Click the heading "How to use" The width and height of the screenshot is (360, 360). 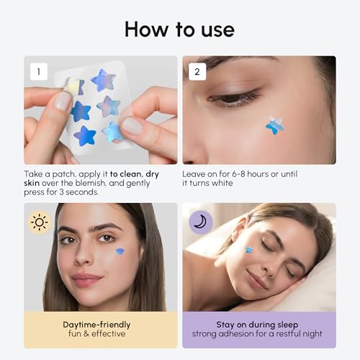(179, 29)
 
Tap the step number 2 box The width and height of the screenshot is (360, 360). (199, 71)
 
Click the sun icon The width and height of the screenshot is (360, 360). (38, 221)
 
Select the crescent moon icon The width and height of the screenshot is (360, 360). (199, 221)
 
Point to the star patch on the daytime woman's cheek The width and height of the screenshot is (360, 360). (120, 251)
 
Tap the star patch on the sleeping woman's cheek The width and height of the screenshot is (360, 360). (249, 250)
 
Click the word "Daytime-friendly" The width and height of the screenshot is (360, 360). (96, 325)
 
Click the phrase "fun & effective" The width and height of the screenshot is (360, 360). (96, 335)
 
